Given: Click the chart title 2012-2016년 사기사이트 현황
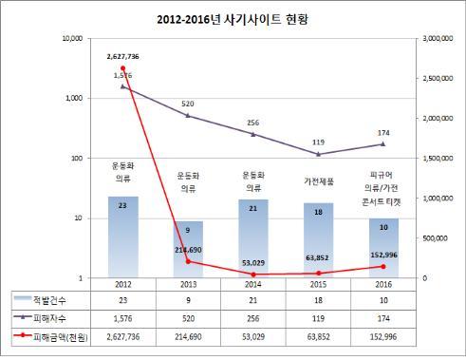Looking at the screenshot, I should click(233, 18).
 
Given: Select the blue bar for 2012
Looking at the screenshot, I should click(123, 237).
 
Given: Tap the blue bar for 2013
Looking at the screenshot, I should click(188, 250).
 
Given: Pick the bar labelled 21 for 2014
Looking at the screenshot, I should click(252, 238).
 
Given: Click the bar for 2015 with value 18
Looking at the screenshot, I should click(317, 240).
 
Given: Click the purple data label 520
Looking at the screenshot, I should click(188, 103).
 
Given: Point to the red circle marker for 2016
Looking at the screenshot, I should click(382, 266).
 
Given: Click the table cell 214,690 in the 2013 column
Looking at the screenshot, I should click(188, 336).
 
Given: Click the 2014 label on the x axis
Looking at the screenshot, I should click(252, 284).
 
